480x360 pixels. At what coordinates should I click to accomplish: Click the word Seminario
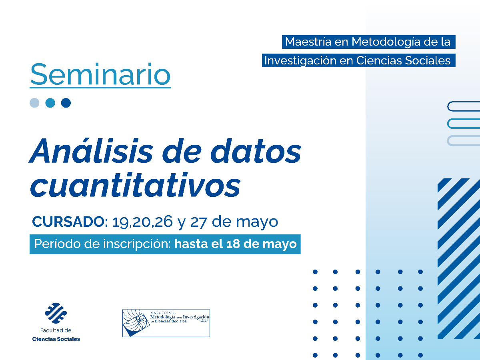(x=100, y=74)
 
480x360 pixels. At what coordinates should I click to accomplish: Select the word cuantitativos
(x=136, y=184)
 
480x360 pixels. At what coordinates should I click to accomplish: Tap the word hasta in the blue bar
(x=190, y=244)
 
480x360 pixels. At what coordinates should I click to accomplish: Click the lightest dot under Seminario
(x=35, y=103)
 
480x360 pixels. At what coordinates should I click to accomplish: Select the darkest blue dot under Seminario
(x=66, y=103)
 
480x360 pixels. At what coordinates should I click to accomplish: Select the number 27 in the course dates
(x=198, y=222)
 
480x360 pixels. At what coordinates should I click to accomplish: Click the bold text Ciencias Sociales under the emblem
(x=56, y=339)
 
